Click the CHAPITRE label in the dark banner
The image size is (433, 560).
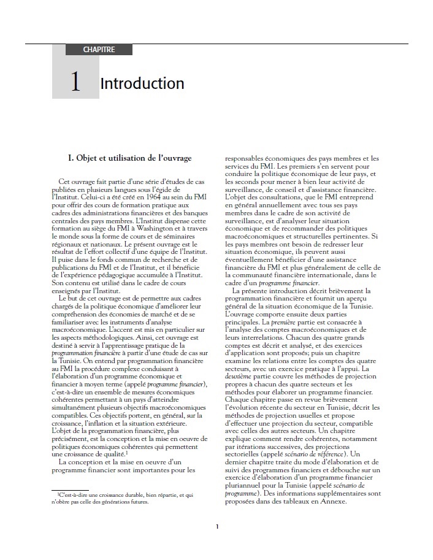coord(99,50)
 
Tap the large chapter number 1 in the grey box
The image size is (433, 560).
coord(75,83)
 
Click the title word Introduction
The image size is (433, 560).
coord(142,83)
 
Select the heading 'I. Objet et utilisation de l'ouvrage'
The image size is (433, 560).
coord(129,158)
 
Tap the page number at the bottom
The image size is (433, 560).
coord(217,526)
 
